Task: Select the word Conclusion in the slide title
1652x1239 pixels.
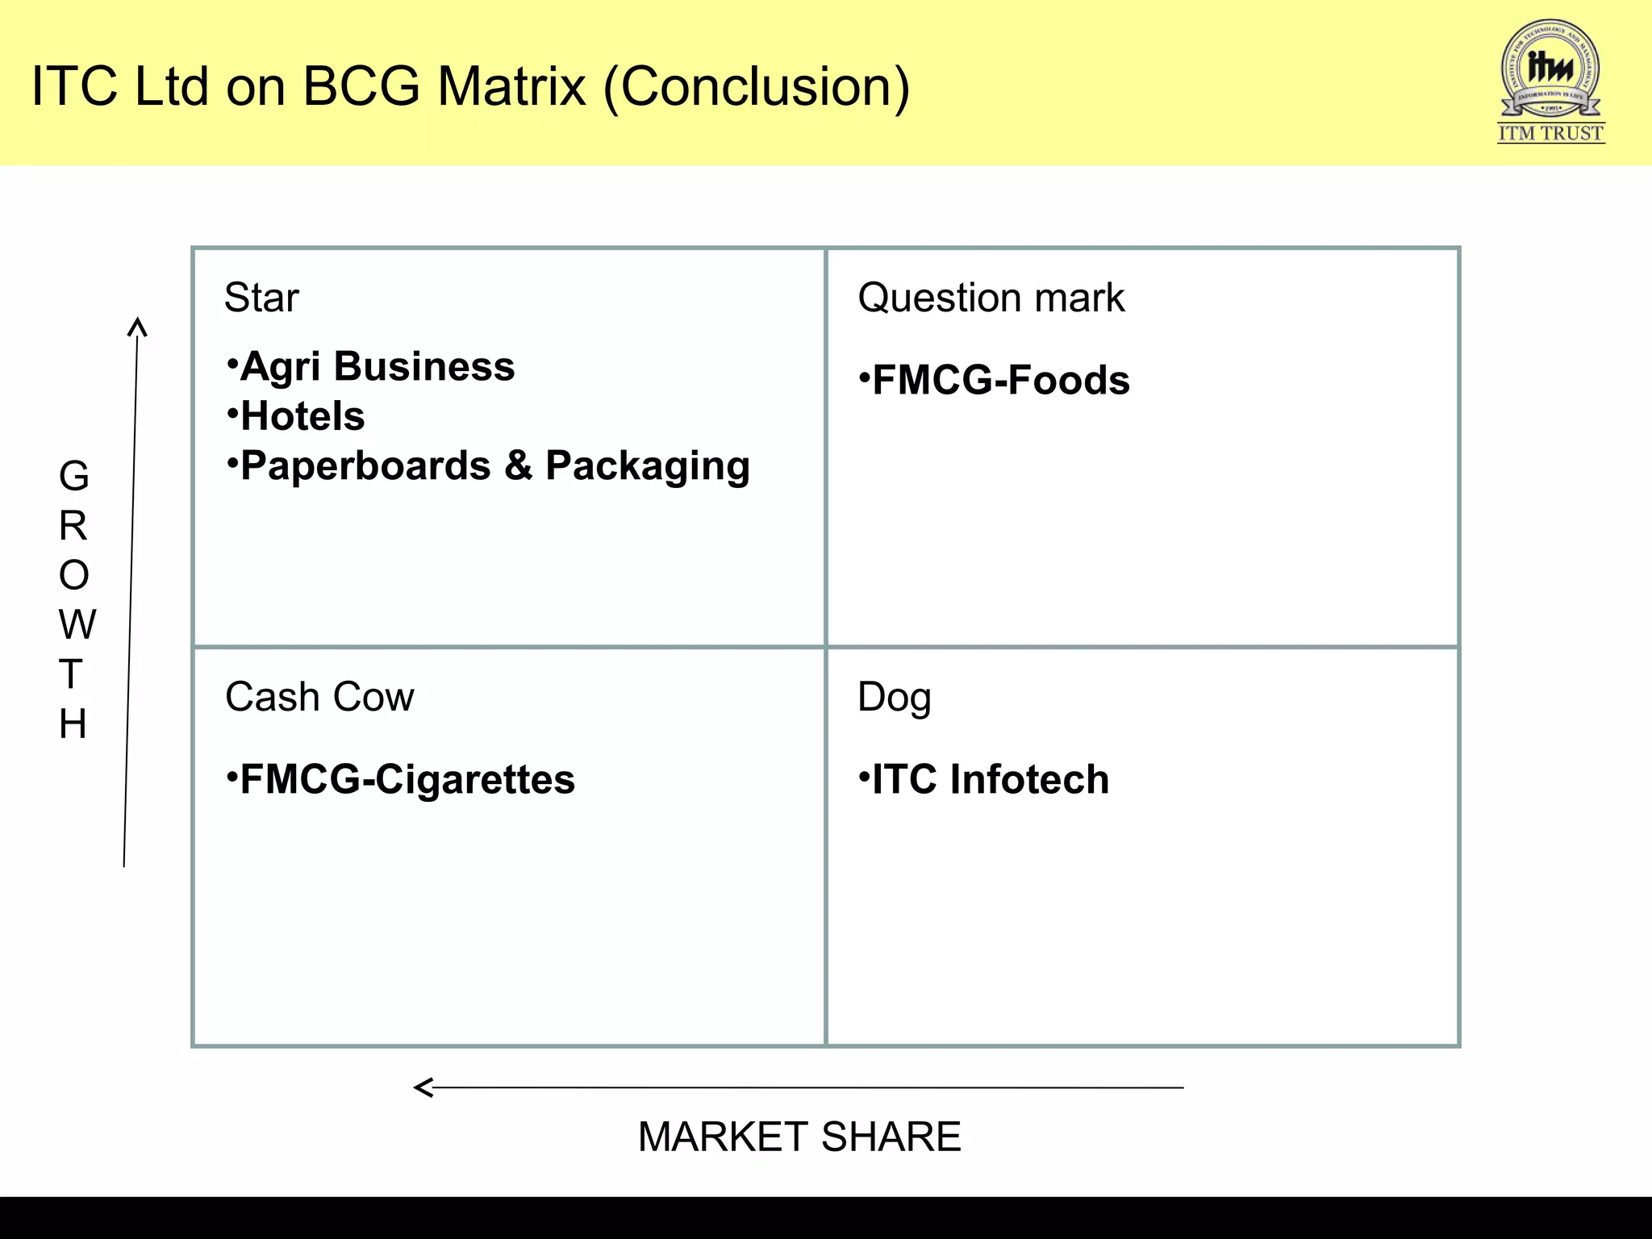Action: (x=757, y=86)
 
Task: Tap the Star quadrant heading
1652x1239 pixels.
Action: (x=261, y=298)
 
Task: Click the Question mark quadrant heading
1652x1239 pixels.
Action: (x=991, y=298)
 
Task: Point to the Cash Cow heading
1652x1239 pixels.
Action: (x=319, y=697)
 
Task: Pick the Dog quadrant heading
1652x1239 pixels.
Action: (x=894, y=698)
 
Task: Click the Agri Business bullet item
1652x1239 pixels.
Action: (x=377, y=367)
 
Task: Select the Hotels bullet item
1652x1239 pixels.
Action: (x=302, y=416)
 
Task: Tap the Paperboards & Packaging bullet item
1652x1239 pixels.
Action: (x=494, y=466)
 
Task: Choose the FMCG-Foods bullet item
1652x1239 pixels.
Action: (x=1000, y=381)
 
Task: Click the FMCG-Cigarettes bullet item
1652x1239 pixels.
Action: (x=407, y=780)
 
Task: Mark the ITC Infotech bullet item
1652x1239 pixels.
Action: (x=990, y=780)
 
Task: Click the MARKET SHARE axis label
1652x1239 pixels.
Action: (x=799, y=1137)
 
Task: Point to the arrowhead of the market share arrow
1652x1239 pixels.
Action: (x=422, y=1087)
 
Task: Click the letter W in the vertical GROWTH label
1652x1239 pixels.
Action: (x=77, y=625)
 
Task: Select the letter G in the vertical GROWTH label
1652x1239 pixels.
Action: (x=73, y=476)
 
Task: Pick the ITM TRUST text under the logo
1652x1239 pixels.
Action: (x=1550, y=133)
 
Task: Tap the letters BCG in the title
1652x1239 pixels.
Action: (x=361, y=86)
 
